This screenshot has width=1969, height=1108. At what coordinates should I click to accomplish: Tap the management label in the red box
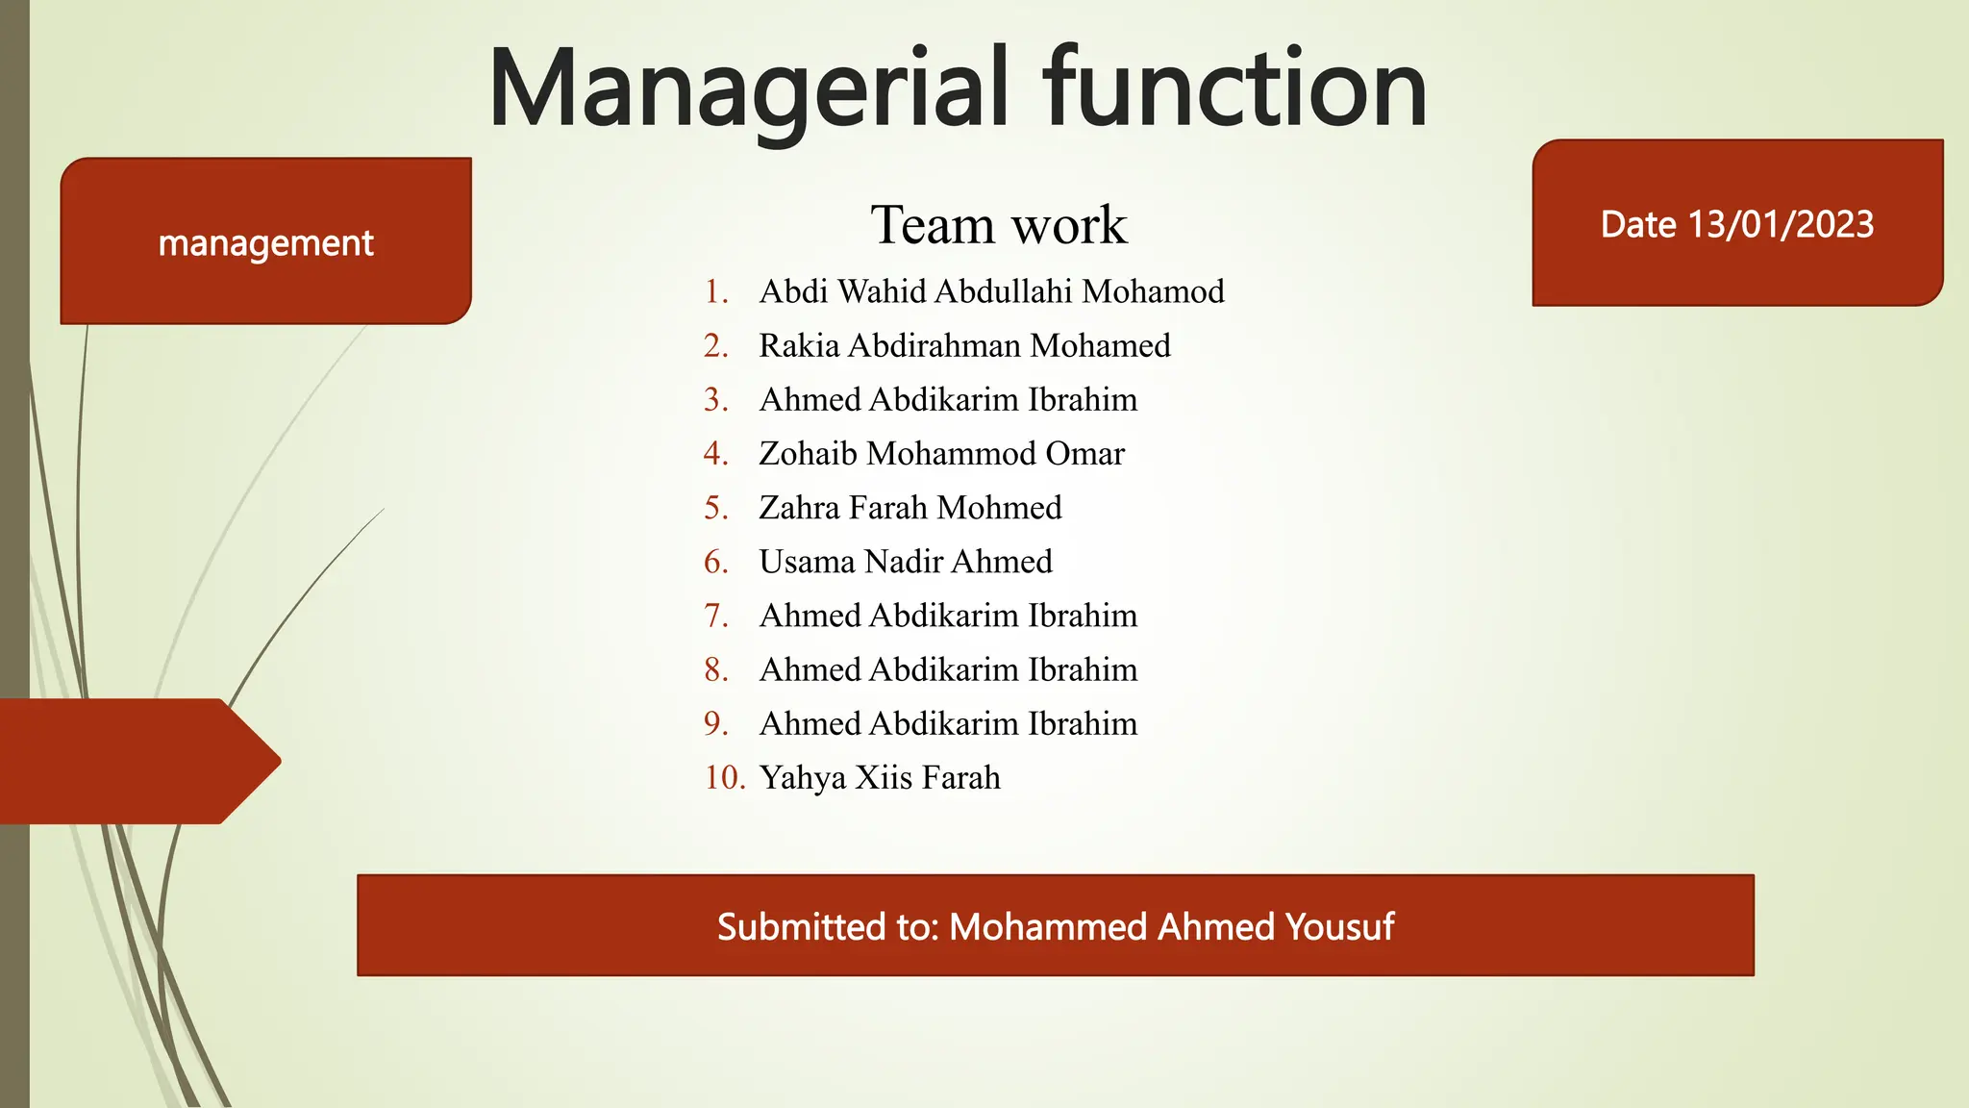click(x=265, y=243)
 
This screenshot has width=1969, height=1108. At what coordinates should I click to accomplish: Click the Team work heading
click(x=998, y=225)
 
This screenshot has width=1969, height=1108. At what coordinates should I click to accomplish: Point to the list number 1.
click(x=716, y=291)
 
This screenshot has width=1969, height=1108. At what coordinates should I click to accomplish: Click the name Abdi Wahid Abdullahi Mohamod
click(x=991, y=291)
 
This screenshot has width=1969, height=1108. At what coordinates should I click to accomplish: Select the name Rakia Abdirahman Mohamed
click(x=964, y=345)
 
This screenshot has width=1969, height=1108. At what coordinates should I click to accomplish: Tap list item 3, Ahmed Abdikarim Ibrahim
click(x=947, y=399)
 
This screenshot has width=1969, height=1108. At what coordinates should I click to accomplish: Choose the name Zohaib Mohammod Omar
click(x=941, y=453)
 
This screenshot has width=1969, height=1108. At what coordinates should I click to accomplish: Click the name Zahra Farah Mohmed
click(x=910, y=507)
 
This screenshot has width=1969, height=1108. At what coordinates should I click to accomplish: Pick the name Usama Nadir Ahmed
click(x=905, y=561)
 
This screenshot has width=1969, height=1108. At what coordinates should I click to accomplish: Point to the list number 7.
click(x=716, y=616)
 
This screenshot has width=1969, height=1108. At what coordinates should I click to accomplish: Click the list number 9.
click(x=716, y=723)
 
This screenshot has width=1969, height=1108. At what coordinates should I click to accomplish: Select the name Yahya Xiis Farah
click(x=879, y=777)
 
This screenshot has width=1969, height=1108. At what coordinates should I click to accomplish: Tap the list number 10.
click(x=724, y=777)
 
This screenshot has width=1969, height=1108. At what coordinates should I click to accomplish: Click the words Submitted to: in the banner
click(x=828, y=926)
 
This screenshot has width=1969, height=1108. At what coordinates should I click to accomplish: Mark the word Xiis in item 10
click(x=884, y=777)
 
